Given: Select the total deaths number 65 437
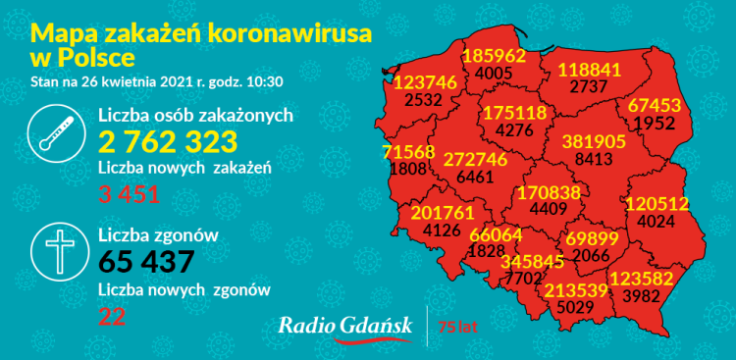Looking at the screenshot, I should tap(147, 262).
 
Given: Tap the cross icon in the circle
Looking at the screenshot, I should tap(56, 254).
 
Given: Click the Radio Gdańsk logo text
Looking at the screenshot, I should tap(342, 325).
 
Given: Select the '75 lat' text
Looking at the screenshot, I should tap(457, 326).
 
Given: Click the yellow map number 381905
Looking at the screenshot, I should tap(594, 141).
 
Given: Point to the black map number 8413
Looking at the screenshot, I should tap(595, 158).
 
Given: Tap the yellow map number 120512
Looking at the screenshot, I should tap(657, 204).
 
